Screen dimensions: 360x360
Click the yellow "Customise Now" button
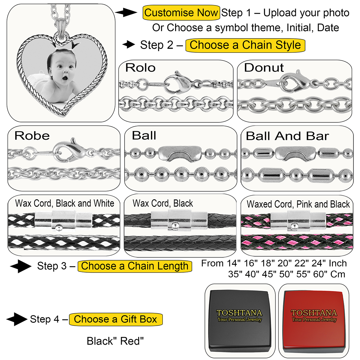click(x=181, y=13)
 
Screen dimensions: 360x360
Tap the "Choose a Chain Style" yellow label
click(x=245, y=45)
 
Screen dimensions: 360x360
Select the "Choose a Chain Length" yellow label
click(x=135, y=266)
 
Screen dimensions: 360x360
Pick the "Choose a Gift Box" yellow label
click(x=116, y=319)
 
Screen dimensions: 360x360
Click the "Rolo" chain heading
click(x=140, y=68)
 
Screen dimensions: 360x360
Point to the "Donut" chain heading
click(x=264, y=68)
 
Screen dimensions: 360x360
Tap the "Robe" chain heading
click(x=32, y=136)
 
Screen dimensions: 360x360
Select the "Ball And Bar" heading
click(x=287, y=136)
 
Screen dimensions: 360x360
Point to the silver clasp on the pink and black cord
click(x=298, y=221)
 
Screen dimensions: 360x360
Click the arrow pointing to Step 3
click(x=21, y=266)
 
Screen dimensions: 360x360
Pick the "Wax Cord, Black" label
click(x=163, y=203)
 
